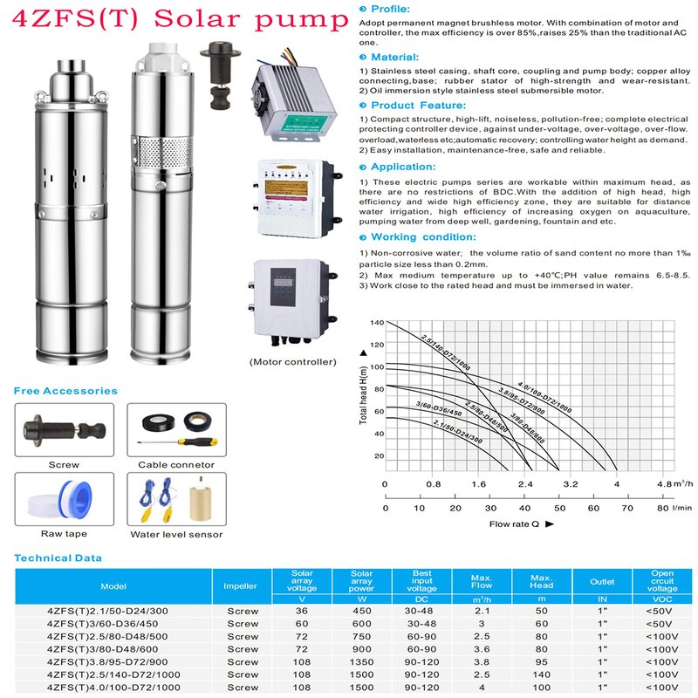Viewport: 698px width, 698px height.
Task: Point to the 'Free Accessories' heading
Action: tap(65, 391)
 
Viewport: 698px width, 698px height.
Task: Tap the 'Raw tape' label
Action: tap(64, 534)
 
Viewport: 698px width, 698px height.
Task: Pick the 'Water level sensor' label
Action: tap(176, 534)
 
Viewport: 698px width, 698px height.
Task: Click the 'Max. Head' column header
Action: tap(542, 580)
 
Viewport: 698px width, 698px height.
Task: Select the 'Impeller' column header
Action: tap(241, 586)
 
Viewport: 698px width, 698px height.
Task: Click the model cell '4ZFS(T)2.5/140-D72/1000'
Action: tap(108, 675)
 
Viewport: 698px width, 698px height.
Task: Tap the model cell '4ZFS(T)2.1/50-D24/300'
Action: tap(107, 611)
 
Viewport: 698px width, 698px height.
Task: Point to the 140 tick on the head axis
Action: tap(377, 323)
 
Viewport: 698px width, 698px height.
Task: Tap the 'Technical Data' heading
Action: tap(58, 558)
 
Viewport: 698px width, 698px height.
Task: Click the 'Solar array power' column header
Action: tap(361, 580)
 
